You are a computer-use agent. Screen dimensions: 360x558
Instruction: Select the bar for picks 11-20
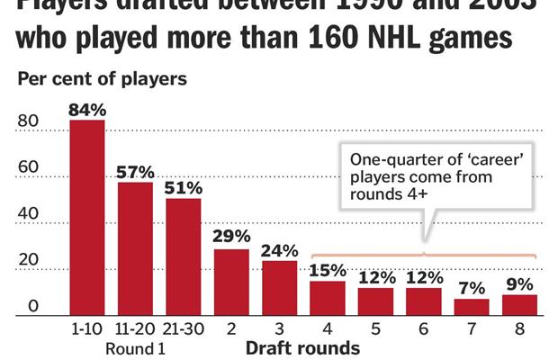tap(135, 248)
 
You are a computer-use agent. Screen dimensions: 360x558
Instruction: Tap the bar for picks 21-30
tap(184, 256)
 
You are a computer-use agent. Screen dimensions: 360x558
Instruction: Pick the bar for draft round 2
tap(231, 282)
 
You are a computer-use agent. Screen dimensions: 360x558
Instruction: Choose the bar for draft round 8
tap(519, 305)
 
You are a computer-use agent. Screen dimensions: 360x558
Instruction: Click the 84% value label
tap(87, 110)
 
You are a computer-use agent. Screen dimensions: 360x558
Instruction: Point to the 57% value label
tap(135, 172)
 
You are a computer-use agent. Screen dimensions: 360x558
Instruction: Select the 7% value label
tap(472, 288)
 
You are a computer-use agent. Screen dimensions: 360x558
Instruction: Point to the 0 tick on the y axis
tap(31, 307)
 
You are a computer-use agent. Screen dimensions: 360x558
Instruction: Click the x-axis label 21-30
tap(184, 329)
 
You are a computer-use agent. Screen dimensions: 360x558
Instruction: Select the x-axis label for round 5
tap(375, 329)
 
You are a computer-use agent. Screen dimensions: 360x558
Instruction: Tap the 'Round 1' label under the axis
tap(135, 347)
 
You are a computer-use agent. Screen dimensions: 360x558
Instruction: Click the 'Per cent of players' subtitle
tap(102, 78)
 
